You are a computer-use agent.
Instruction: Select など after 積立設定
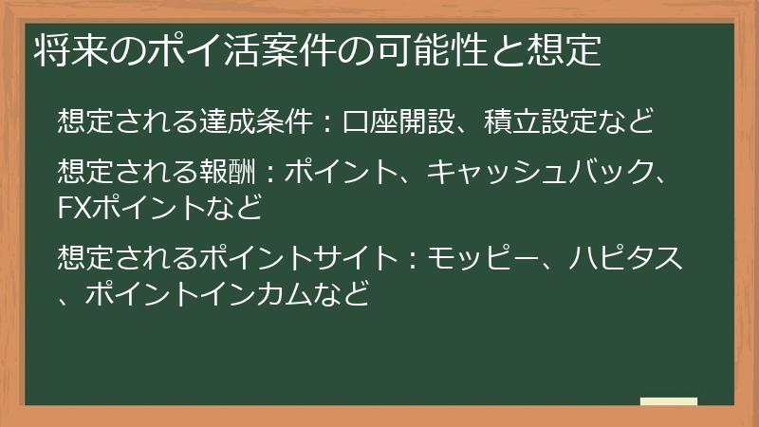coord(629,122)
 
